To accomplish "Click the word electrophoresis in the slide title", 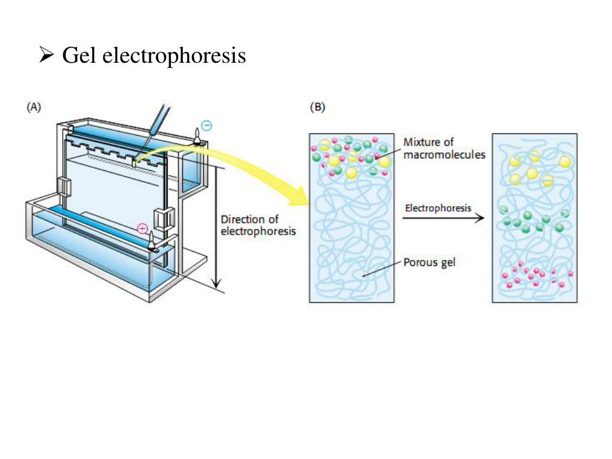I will coord(174,56).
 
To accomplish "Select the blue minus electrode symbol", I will coord(206,126).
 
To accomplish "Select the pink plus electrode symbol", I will coord(142,228).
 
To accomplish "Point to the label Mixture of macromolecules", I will coord(444,148).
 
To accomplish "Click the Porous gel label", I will coord(429,262).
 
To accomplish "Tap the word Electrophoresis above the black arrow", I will coord(438,208).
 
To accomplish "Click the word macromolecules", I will coord(444,154).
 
